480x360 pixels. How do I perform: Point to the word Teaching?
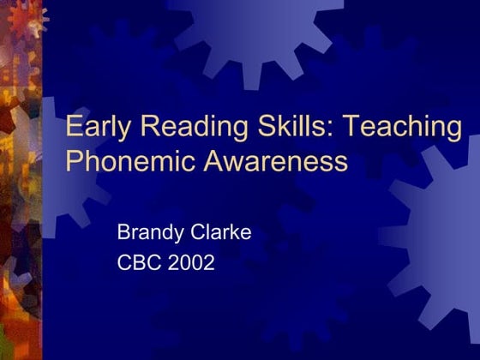coord(401,127)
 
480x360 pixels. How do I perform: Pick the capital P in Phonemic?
coord(74,160)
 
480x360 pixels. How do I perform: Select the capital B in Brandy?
coord(123,231)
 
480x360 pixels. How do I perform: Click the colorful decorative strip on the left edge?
coord(20,180)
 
